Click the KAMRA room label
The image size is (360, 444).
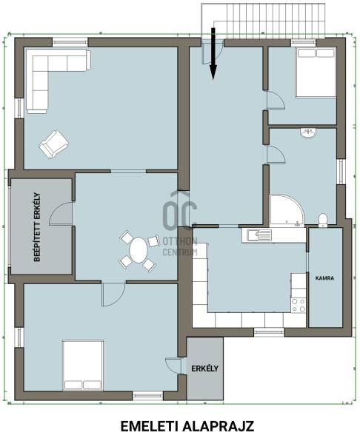pos(324,278)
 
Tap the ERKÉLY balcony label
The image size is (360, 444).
pos(204,369)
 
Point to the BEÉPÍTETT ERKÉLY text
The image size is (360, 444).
pos(37,227)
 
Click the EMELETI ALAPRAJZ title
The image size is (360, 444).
pos(187,426)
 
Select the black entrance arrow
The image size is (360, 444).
pos(213,53)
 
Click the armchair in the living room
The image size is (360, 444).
pos(54,144)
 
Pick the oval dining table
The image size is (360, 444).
pos(139,250)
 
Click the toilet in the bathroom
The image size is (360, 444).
pos(322,221)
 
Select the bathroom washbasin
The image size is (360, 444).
pos(308,133)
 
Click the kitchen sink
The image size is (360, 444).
pos(259,235)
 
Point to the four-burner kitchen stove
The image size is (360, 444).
pos(299,305)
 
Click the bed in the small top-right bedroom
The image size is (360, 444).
pos(316,73)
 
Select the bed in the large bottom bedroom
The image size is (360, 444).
pos(83,366)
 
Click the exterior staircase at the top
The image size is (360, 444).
pos(263,21)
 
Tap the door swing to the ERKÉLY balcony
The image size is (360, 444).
pos(173,366)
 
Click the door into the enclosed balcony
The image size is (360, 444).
pos(61,214)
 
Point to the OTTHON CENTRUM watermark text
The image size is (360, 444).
pos(180,246)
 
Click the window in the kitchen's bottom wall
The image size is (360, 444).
pos(269,332)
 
